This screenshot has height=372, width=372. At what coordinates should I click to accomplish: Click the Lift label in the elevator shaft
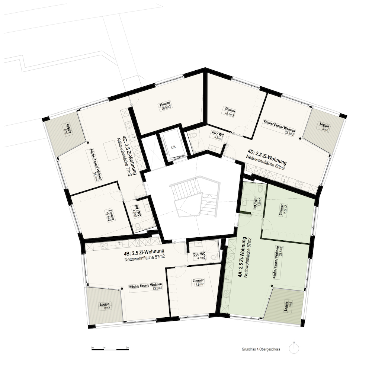(173, 147)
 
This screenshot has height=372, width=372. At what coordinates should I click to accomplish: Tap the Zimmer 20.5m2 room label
(166, 105)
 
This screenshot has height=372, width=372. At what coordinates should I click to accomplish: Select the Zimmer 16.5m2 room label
(230, 112)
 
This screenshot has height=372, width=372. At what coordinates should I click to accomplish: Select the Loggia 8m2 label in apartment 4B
(105, 306)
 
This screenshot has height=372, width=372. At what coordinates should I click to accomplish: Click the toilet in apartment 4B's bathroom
(214, 257)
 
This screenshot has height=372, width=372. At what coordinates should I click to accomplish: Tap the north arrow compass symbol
(294, 349)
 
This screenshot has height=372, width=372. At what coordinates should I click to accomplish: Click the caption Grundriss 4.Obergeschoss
(261, 349)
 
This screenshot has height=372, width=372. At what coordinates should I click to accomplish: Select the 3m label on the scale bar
(127, 347)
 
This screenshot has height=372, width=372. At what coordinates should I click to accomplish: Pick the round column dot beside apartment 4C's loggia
(88, 143)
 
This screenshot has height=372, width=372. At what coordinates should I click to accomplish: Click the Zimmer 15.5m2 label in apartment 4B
(198, 282)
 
